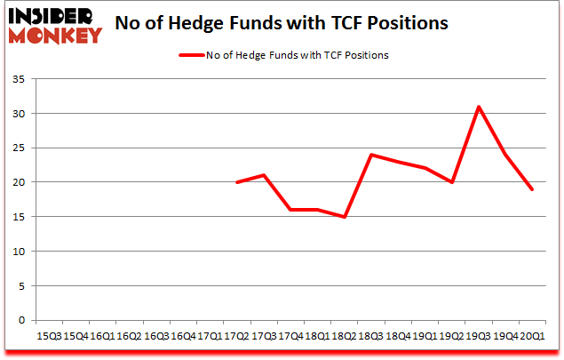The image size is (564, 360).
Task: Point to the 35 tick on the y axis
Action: point(20,80)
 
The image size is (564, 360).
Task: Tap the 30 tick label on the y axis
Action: point(20,114)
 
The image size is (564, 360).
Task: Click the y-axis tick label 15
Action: point(20,217)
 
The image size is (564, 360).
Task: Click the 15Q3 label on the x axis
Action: point(49,336)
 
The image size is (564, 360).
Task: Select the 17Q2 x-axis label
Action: point(237,336)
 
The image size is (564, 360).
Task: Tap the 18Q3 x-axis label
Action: point(371,336)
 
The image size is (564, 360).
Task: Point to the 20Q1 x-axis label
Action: point(532,336)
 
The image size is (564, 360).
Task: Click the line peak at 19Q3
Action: point(479,107)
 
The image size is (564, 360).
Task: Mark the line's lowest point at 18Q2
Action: point(345,217)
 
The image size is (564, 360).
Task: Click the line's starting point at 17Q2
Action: point(237,182)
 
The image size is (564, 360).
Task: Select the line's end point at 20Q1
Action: point(532,189)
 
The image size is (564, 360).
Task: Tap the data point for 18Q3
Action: point(371,155)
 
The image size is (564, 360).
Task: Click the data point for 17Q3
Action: point(264,175)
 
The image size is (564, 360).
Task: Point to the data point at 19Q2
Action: point(452,182)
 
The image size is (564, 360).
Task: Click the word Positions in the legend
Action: point(366,55)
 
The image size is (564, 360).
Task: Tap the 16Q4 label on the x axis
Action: point(183,336)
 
